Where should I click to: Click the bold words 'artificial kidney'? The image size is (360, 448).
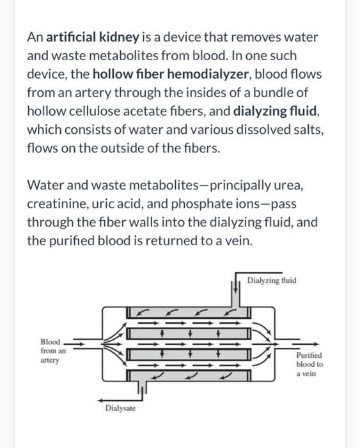click(93, 37)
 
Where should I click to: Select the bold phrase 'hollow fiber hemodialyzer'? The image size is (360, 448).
click(171, 74)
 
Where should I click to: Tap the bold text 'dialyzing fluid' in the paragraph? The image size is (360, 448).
click(275, 111)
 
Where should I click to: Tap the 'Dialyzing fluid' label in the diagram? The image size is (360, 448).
click(272, 280)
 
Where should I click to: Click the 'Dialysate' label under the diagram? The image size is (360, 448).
click(120, 408)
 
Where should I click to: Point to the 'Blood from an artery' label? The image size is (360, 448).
click(53, 351)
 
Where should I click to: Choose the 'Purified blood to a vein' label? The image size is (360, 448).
click(309, 364)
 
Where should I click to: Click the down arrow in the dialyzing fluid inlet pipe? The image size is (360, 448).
click(235, 287)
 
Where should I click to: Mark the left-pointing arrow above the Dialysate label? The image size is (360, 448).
click(121, 399)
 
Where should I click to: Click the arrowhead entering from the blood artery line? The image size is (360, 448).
click(82, 344)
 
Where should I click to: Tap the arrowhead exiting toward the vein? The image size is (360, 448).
click(316, 344)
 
